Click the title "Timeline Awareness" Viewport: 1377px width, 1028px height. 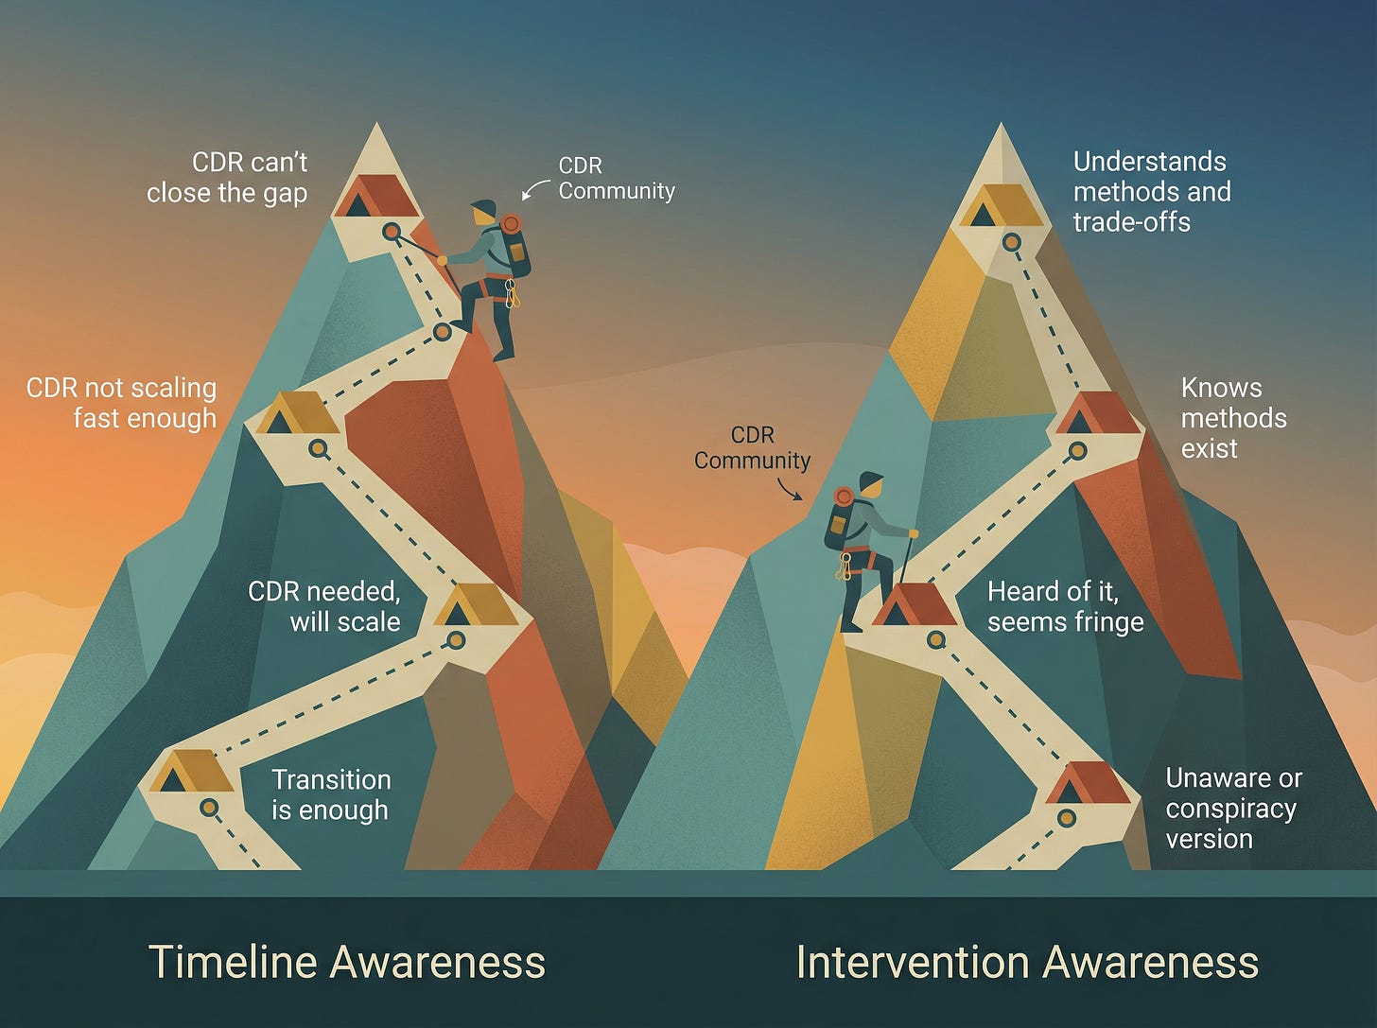click(347, 962)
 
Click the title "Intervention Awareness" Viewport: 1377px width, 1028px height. click(1027, 962)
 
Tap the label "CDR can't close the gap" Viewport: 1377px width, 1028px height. click(227, 177)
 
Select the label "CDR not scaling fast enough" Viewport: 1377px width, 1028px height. click(122, 403)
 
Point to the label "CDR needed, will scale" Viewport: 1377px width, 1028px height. click(324, 606)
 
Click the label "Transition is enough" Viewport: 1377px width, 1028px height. click(330, 794)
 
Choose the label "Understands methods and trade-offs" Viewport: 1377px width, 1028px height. click(1151, 191)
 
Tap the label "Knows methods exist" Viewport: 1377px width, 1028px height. click(1233, 417)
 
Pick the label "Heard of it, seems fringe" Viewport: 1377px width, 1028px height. click(1065, 606)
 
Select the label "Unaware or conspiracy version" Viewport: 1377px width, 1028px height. click(1233, 808)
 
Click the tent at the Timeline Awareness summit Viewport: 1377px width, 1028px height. click(377, 196)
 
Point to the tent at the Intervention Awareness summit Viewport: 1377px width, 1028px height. click(1001, 205)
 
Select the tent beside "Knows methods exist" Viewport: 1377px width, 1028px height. click(1096, 413)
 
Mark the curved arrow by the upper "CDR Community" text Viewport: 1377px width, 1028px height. click(535, 189)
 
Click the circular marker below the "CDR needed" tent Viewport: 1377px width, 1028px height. click(457, 640)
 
